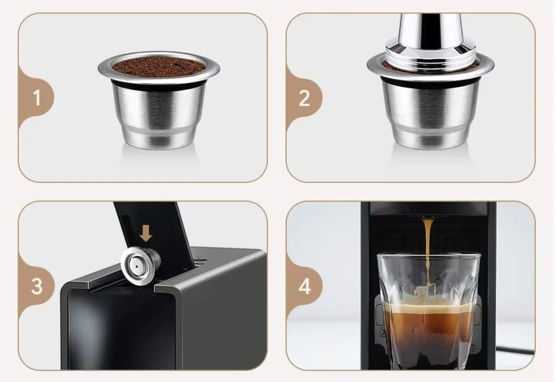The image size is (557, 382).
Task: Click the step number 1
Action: (x=37, y=97)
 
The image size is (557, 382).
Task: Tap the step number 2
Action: (x=304, y=98)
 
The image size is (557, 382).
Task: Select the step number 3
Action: (x=36, y=286)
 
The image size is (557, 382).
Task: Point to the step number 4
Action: (x=304, y=286)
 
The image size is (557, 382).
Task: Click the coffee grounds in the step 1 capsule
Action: (x=159, y=66)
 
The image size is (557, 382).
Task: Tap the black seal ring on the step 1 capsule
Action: (x=158, y=84)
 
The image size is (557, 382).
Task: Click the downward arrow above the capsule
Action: (x=145, y=234)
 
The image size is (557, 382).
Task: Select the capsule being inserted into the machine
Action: (x=140, y=265)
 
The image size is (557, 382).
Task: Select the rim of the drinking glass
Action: (x=429, y=255)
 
